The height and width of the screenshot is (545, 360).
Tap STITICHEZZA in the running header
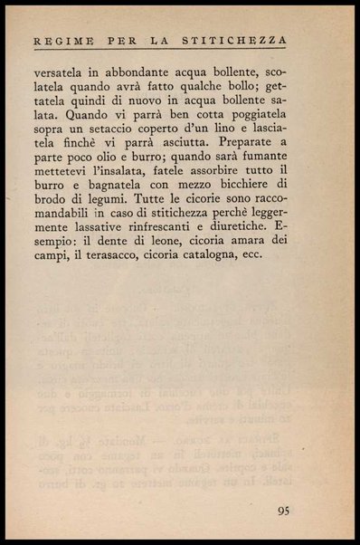(x=243, y=40)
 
